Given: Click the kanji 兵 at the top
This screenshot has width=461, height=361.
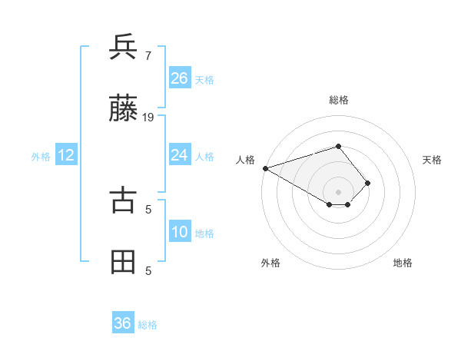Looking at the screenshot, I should point(123,47).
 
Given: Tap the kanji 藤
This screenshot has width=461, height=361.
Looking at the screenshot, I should point(123,109).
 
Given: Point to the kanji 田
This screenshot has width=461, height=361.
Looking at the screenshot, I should point(123,262).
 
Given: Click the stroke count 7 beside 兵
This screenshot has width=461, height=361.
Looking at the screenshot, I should point(148,56).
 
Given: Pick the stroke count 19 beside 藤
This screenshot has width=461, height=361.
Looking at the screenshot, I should point(148,118).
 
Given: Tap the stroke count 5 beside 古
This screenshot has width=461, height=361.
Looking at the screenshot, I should point(148,208).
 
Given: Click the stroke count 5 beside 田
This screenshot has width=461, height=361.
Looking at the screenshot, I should point(148,270).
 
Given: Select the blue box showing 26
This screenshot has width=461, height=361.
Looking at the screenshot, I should point(180,78).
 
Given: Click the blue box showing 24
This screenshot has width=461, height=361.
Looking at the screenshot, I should point(180,155).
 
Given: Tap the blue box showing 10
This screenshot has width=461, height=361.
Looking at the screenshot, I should point(180,232).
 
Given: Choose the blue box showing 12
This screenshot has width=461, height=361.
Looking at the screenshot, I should point(66,155).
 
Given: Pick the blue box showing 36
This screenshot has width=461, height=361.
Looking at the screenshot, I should point(123,323).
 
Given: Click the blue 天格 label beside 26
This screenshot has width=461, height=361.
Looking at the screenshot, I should point(204,79).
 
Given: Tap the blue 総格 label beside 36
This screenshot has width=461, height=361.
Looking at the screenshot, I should point(148,325).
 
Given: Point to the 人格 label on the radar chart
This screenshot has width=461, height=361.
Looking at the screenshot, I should point(245,160).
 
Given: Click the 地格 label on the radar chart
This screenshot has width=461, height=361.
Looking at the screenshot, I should point(403,263).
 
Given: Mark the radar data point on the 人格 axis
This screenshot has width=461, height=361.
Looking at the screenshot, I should point(265,168).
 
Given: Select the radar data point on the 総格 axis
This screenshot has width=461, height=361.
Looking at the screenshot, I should point(338,146).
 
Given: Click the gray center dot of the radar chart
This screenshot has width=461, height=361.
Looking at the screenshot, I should point(338,191).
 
